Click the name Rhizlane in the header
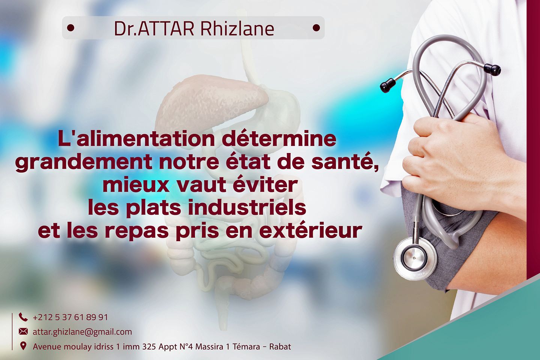tap(237, 29)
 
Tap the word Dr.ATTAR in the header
tap(154, 29)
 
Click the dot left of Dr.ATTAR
tap(70, 28)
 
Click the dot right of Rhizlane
tap(316, 28)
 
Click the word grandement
tap(84, 163)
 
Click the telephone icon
tap(23, 317)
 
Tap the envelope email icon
tap(23, 332)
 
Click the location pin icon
tap(23, 346)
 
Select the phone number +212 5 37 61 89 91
tap(70, 317)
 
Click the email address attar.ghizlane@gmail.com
tap(82, 332)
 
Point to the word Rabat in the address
tap(280, 347)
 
